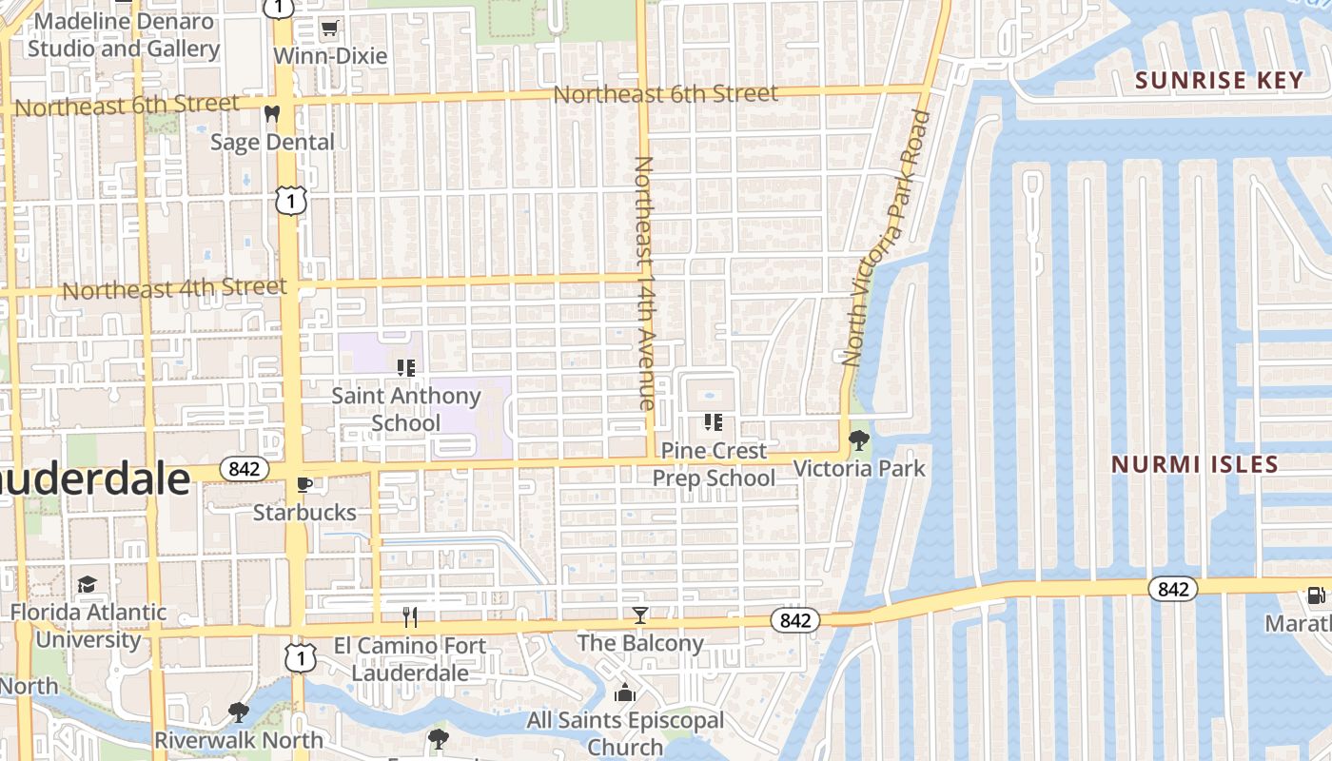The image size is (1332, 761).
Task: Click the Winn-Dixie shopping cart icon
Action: pyautogui.click(x=329, y=29)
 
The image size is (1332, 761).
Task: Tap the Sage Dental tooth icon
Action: pyautogui.click(x=272, y=114)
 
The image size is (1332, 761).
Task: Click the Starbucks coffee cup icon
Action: pyautogui.click(x=304, y=484)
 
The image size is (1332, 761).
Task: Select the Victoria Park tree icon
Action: pyautogui.click(x=859, y=439)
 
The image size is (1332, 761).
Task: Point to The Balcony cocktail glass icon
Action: pyautogui.click(x=640, y=615)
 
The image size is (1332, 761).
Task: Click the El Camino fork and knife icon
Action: pyautogui.click(x=410, y=617)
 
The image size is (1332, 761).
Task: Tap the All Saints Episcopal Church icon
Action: pyautogui.click(x=625, y=693)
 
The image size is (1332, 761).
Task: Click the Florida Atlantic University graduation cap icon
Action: pyautogui.click(x=88, y=584)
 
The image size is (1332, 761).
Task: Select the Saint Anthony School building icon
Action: pyautogui.click(x=406, y=367)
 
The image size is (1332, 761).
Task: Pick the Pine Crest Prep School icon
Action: pyautogui.click(x=713, y=421)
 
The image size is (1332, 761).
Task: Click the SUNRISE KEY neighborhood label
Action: pyautogui.click(x=1219, y=80)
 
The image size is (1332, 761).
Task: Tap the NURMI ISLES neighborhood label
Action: pyautogui.click(x=1195, y=464)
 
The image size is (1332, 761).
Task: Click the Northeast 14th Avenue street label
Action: pyautogui.click(x=644, y=283)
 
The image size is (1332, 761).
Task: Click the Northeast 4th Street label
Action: pyautogui.click(x=174, y=288)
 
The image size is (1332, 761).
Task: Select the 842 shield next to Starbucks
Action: pyautogui.click(x=245, y=469)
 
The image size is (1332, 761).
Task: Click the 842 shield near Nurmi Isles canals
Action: pyautogui.click(x=1173, y=589)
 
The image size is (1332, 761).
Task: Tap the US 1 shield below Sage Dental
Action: pyautogui.click(x=292, y=200)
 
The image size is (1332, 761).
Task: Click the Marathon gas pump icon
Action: pyautogui.click(x=1316, y=595)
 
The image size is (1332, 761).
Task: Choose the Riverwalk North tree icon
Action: pyautogui.click(x=238, y=712)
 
